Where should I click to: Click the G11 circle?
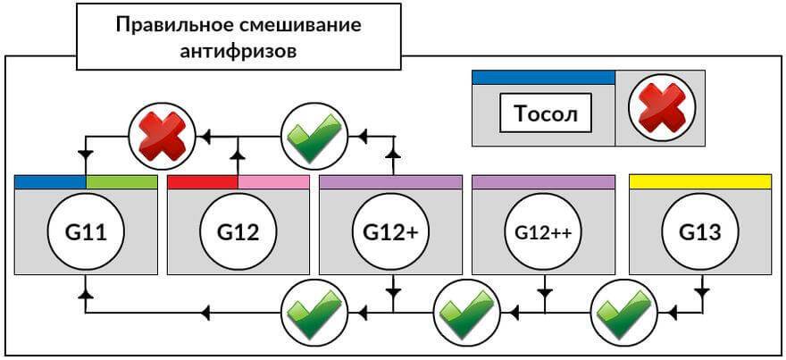pos(87,233)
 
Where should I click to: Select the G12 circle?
pos(238,233)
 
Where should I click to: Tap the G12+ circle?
pos(390,233)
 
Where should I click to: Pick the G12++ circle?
pos(543,233)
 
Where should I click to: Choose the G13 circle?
pos(699,233)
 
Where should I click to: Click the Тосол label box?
pos(546,113)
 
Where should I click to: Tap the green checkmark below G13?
pos(623,312)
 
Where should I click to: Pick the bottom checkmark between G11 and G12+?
pos(314,312)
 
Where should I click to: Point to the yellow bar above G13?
pos(699,181)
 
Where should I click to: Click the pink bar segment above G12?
pos(273,181)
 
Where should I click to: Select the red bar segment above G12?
pos(203,181)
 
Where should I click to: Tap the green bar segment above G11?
pos(121,181)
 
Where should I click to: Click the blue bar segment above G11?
pos(50,181)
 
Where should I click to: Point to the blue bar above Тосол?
pos(543,77)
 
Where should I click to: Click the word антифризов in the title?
pos(238,50)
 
